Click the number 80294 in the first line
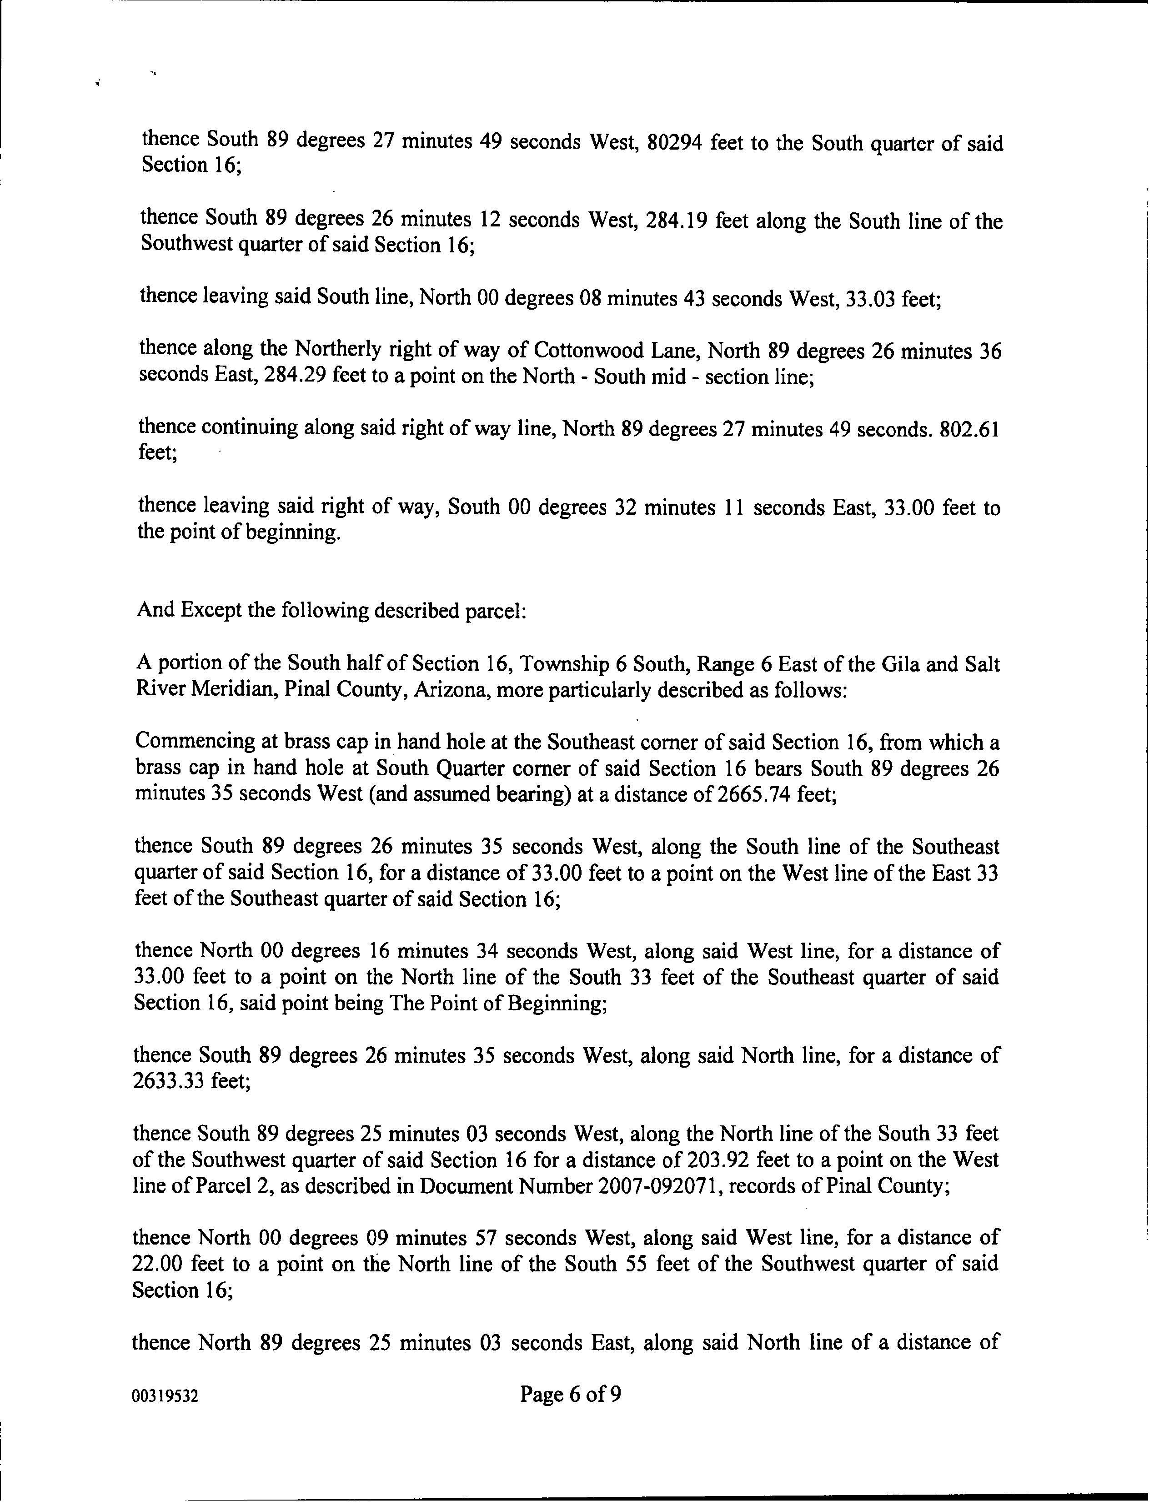tap(675, 143)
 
